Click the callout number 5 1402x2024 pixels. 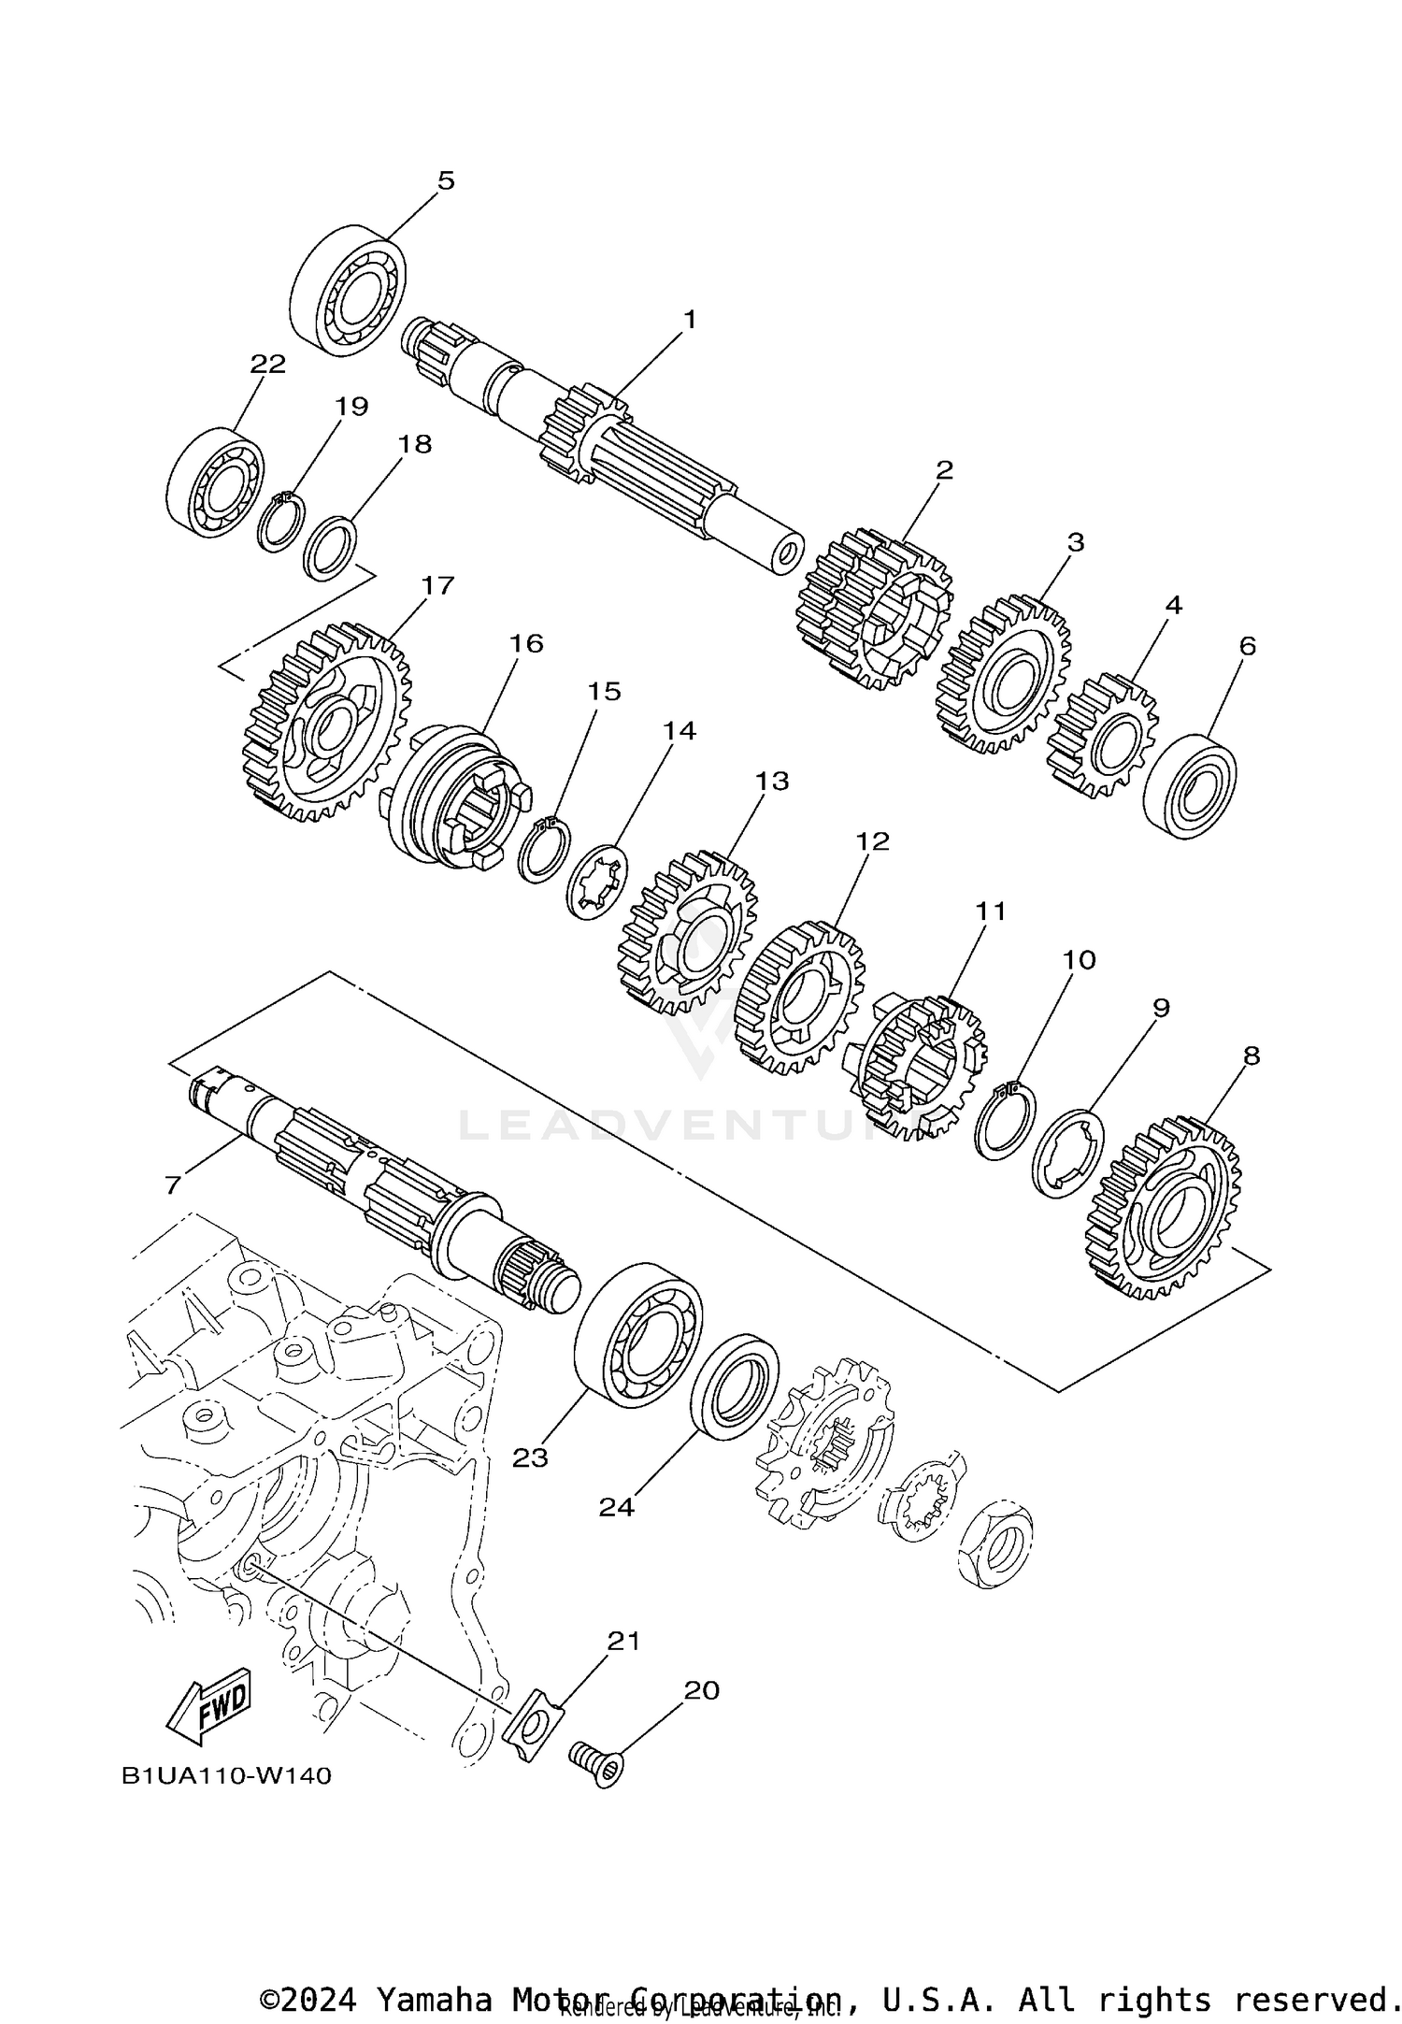click(446, 180)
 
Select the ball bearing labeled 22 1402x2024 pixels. click(215, 483)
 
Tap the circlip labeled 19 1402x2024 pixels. click(280, 523)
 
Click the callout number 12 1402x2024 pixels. click(872, 840)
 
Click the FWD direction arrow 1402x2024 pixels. click(209, 1705)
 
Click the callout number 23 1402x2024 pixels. click(530, 1457)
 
